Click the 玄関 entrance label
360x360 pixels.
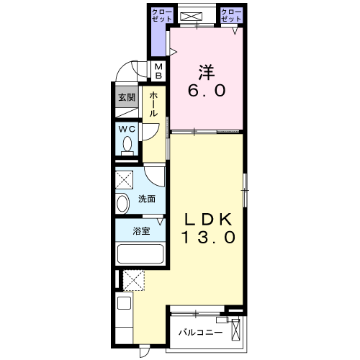(x=127, y=98)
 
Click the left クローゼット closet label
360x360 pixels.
(x=159, y=15)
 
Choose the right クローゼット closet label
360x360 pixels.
(x=231, y=15)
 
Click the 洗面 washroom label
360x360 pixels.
(x=147, y=199)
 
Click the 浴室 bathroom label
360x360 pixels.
(x=142, y=232)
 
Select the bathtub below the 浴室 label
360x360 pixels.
(x=141, y=254)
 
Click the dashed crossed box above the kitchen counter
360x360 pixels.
(x=134, y=280)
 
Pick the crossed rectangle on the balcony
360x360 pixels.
(x=237, y=330)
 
